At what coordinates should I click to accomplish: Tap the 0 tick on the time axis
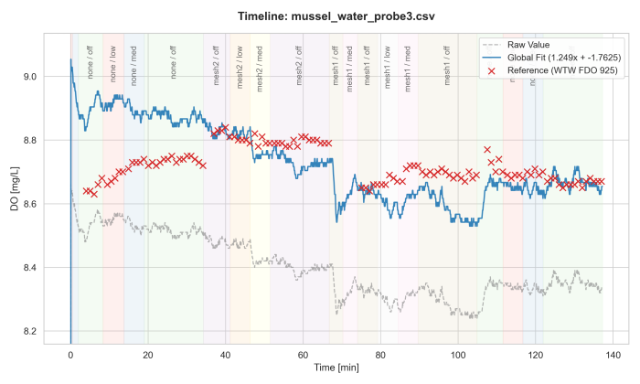point(70,354)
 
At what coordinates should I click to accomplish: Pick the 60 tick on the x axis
point(303,354)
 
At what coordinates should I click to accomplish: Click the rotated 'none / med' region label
point(134,67)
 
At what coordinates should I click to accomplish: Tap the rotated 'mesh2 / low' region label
point(239,67)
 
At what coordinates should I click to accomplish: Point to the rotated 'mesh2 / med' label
point(260,67)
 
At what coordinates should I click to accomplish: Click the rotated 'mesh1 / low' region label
point(388,67)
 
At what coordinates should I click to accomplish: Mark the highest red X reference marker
point(487,149)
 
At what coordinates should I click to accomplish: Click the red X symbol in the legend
point(493,69)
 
